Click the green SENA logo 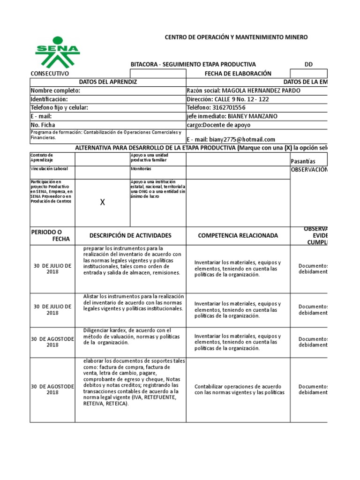click(x=58, y=52)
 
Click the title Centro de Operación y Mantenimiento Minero click(x=235, y=37)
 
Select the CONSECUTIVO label click(x=50, y=74)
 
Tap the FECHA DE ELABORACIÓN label click(x=238, y=74)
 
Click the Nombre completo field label click(x=55, y=90)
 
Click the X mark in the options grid click(x=103, y=202)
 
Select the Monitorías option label click(x=141, y=168)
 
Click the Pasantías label click(x=303, y=161)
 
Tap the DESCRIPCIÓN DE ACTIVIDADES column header click(x=130, y=235)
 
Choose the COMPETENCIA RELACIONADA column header click(x=238, y=235)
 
